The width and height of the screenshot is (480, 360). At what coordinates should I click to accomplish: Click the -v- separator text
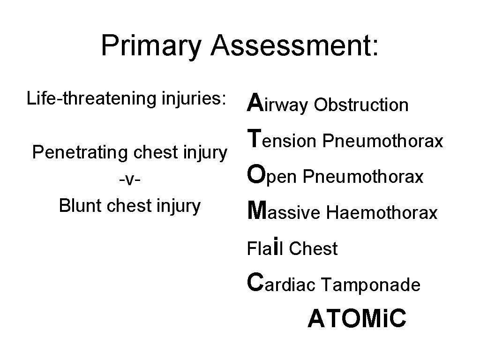[129, 179]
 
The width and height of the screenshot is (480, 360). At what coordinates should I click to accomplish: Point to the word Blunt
[82, 205]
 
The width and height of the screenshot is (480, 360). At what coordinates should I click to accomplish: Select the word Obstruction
[361, 105]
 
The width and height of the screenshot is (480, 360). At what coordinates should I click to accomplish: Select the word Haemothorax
[382, 213]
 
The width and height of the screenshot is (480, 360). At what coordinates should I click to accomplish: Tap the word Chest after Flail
[313, 249]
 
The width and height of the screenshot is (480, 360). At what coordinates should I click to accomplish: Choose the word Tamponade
[371, 285]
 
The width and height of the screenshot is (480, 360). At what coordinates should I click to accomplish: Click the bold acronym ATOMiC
[356, 319]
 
